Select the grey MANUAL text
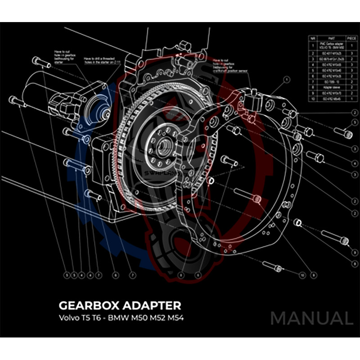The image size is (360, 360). (x=311, y=319)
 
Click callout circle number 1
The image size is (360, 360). (x=286, y=80)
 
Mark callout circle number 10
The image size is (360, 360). (x=302, y=274)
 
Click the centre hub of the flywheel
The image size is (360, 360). (x=163, y=146)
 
